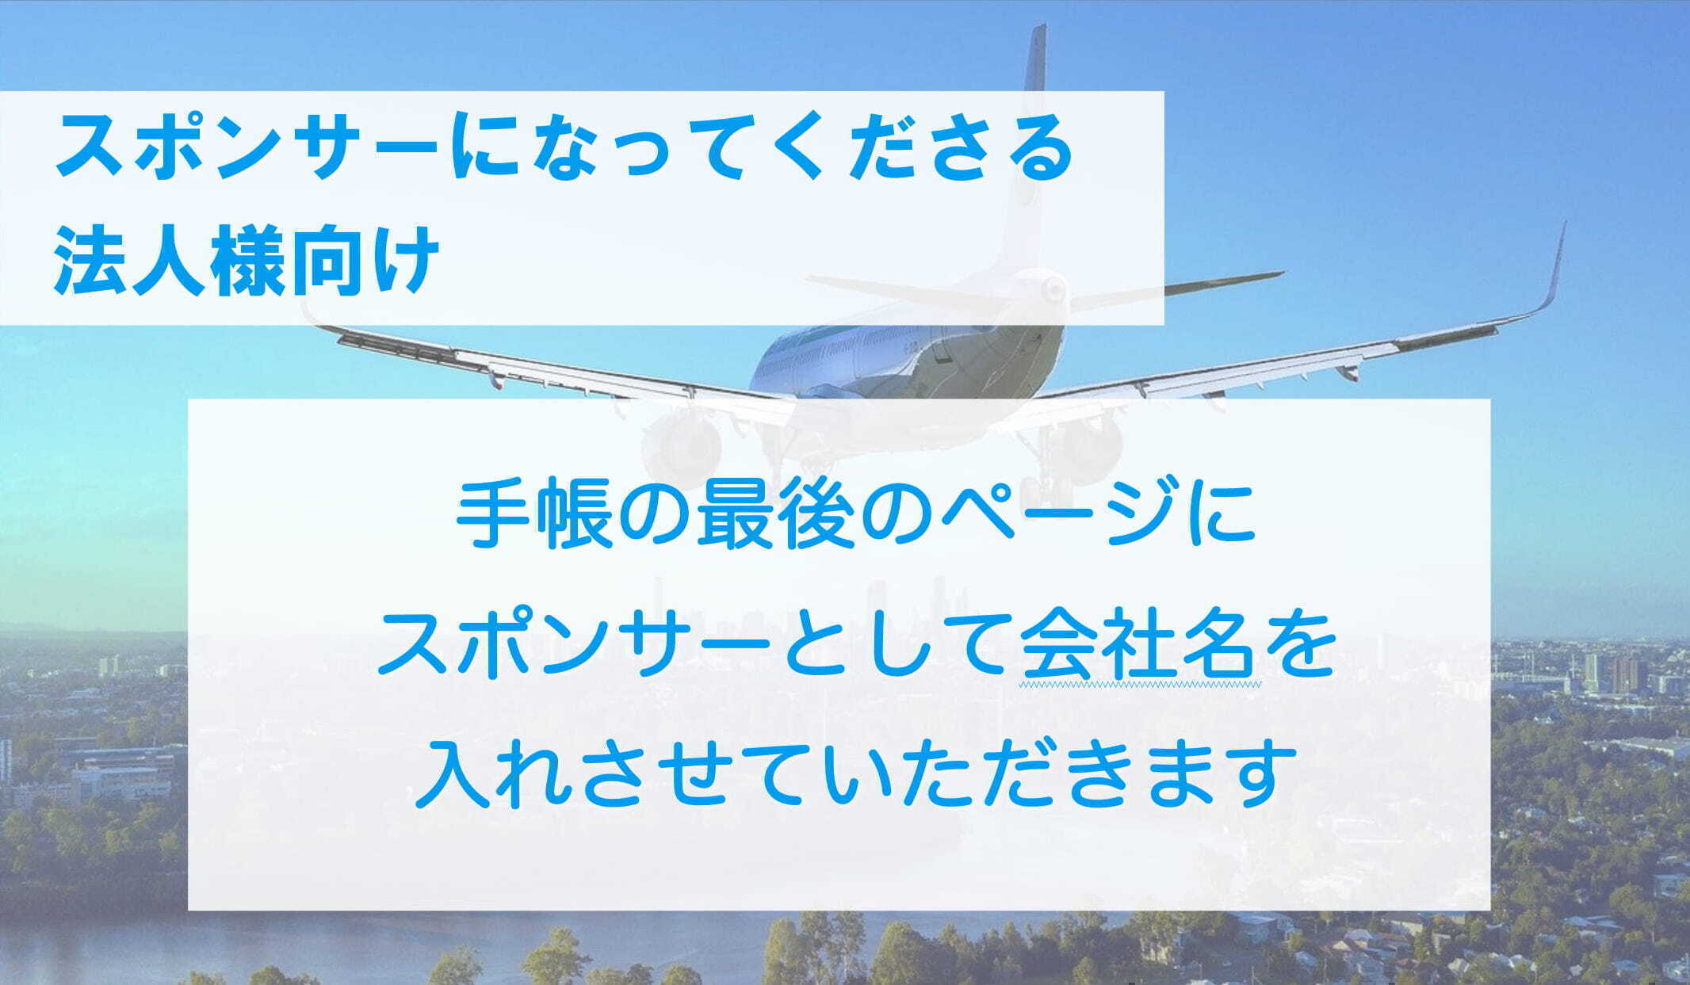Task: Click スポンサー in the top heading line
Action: (x=246, y=149)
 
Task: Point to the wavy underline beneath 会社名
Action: (x=1139, y=682)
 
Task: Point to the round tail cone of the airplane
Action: (x=1053, y=289)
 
